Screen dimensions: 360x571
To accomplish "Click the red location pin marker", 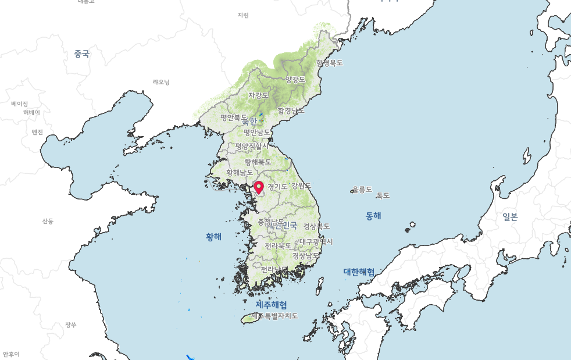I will (259, 187).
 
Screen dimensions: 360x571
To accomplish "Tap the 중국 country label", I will (81, 54).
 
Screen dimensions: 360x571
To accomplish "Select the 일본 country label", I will (510, 217).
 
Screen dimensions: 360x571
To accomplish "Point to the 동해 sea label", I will (373, 216).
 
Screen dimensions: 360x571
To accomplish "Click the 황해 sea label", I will (213, 237).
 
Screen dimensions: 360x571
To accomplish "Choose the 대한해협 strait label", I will (359, 272).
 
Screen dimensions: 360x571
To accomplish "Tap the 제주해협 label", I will (271, 305).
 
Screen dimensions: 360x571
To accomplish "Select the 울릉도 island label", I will (362, 189).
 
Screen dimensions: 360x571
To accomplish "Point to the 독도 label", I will (383, 195).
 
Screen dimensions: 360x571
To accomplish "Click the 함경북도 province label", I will (329, 63).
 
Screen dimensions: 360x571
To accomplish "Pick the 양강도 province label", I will (295, 79).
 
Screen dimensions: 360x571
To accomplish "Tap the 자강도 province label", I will (258, 95).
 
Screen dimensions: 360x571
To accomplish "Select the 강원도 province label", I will (301, 186).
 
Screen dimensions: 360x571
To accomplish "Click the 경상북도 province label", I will (316, 226).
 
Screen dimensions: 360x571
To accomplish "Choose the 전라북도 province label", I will (278, 246).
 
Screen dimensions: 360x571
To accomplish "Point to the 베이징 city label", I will (19, 104).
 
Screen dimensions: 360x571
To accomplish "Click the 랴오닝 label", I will (161, 82).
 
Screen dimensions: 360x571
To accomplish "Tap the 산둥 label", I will (48, 221).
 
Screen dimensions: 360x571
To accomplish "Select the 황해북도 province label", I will (258, 162).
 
